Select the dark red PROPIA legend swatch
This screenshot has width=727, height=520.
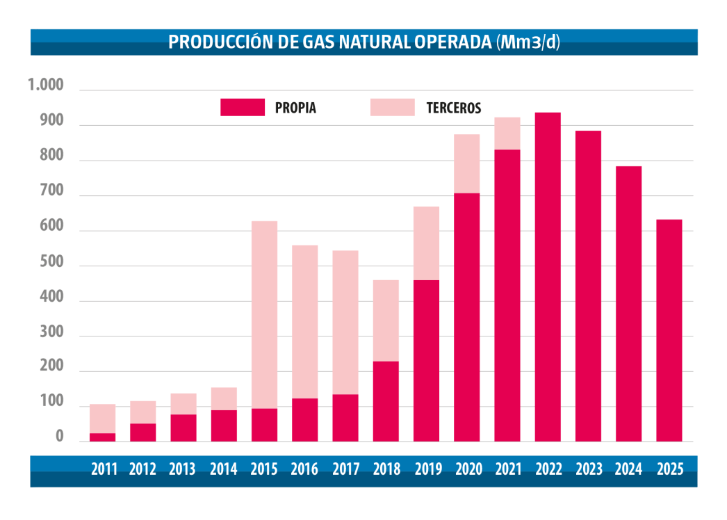(242, 107)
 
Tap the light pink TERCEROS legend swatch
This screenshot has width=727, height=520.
(392, 107)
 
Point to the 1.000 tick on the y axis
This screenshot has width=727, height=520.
(45, 86)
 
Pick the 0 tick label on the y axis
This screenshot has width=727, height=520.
(59, 437)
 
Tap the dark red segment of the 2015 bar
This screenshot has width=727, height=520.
(264, 425)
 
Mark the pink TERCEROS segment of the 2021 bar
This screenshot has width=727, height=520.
(507, 133)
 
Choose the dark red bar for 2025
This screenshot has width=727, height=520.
(669, 330)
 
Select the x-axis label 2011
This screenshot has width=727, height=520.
(103, 469)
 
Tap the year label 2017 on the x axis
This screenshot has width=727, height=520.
(345, 469)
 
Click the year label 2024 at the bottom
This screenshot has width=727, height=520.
(628, 469)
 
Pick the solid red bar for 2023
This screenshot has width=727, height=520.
(588, 286)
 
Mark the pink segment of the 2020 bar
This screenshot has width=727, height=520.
(466, 163)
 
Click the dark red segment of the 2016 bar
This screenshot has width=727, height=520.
(304, 420)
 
